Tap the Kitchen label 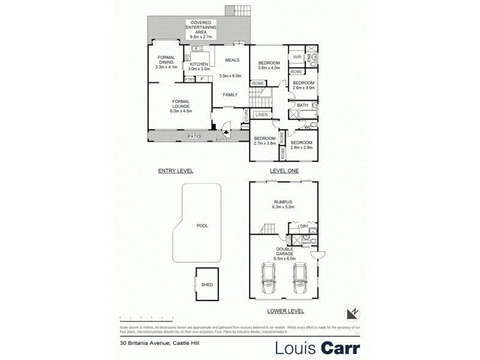click(x=199, y=67)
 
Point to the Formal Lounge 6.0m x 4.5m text click(x=181, y=106)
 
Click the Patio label click(x=193, y=137)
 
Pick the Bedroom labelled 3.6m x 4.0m click(x=269, y=65)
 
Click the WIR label click(x=296, y=57)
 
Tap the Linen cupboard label click(x=261, y=115)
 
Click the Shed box click(x=206, y=285)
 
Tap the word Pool click(x=202, y=226)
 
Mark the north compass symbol click(x=353, y=313)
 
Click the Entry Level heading click(x=175, y=171)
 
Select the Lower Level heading click(x=286, y=311)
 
